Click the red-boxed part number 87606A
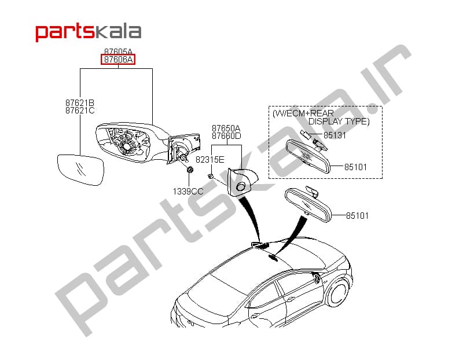pos(118,60)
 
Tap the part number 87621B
pos(80,103)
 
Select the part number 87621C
pos(80,111)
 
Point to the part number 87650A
pos(226,128)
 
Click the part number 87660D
pos(226,136)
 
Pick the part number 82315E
pos(210,160)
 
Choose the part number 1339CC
pos(188,192)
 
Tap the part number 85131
pos(335,135)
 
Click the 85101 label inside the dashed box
pos(355,167)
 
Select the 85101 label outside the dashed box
pos(357,216)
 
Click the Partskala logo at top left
pos(89,32)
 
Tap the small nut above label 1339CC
pos(190,170)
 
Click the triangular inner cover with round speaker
pos(241,182)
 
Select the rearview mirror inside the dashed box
pos(307,156)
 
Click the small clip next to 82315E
pos(210,177)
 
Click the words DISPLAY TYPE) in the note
pos(339,122)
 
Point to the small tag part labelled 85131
pos(305,134)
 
